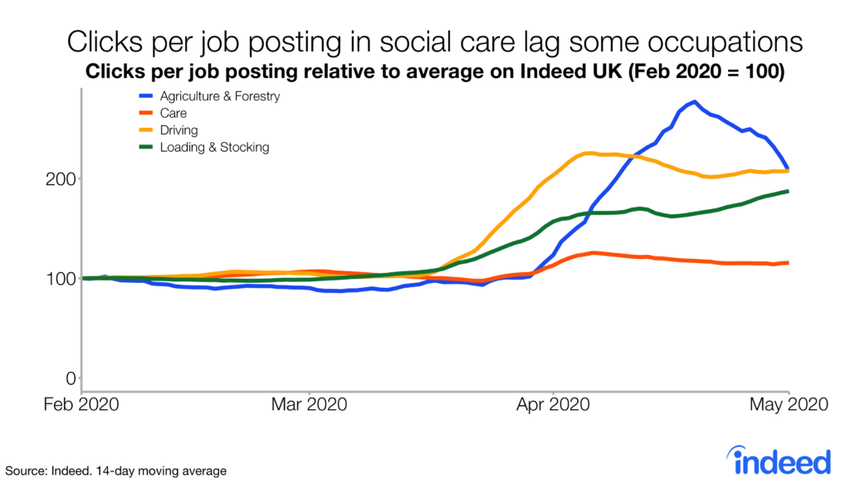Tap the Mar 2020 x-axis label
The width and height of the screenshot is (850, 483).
[x=310, y=406]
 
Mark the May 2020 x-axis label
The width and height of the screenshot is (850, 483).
[x=788, y=406]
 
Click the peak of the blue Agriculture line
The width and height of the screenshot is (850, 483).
[x=693, y=102]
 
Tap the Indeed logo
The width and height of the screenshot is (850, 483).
[x=778, y=458]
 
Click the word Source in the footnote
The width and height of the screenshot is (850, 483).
[x=26, y=471]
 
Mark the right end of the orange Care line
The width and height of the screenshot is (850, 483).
[x=787, y=263]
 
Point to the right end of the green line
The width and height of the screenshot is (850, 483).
[x=787, y=192]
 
